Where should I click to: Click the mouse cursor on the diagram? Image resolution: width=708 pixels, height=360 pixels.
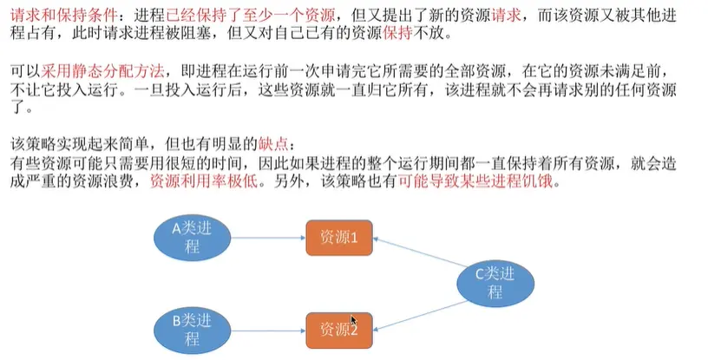tap(354, 321)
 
